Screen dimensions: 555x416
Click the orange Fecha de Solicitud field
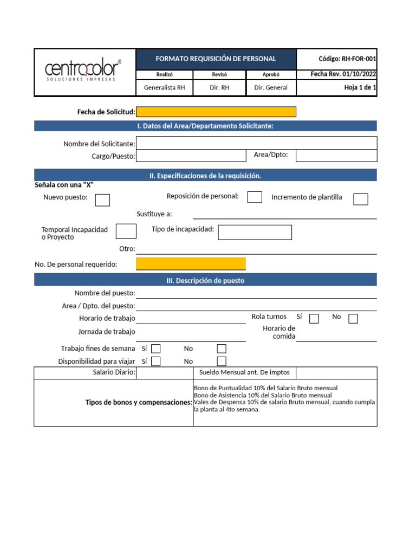216,112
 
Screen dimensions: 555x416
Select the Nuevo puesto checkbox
102,200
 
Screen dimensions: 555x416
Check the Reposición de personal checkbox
255,197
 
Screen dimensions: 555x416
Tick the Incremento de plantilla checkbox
361,199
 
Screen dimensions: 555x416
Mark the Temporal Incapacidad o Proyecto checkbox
126,231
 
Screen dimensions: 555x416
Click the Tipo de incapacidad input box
255,232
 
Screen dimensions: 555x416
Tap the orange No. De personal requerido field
191,264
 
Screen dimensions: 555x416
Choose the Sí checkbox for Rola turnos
314,318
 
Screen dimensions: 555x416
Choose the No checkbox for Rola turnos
353,318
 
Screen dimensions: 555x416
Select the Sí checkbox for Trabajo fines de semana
156,349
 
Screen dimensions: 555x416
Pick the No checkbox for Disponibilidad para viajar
222,361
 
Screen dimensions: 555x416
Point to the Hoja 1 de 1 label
360,87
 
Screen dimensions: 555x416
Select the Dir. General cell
271,87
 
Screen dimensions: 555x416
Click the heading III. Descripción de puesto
205,281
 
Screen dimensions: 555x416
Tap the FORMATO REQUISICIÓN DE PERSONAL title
216,59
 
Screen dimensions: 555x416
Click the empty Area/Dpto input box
336,156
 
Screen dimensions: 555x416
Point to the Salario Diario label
114,372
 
